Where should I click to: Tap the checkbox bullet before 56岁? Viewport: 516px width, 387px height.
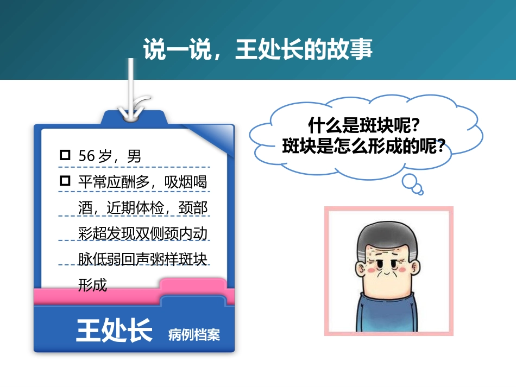(65, 156)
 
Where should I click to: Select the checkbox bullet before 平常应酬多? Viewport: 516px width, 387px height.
(65, 181)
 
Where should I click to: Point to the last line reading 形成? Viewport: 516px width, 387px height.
(93, 284)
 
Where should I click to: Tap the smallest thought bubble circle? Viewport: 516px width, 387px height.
(419, 191)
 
